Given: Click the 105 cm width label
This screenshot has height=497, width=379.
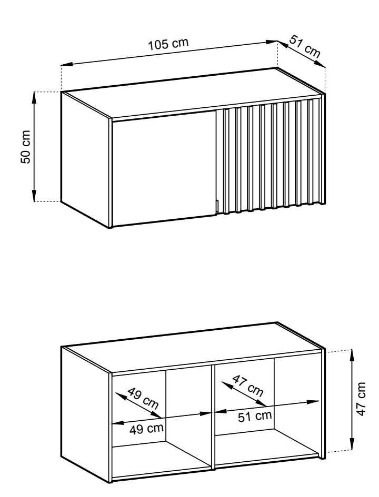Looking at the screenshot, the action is [168, 44].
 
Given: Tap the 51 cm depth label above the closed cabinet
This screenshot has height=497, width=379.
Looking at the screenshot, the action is [305, 47].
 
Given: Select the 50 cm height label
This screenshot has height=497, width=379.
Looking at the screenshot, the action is [25, 147].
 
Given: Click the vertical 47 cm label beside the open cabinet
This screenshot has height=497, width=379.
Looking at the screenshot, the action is [361, 399].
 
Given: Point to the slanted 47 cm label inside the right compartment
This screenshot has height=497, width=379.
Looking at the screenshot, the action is [248, 386].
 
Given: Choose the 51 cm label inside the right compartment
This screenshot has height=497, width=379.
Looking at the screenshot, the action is [255, 416].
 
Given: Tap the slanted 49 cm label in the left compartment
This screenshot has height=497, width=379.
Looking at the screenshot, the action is [143, 398].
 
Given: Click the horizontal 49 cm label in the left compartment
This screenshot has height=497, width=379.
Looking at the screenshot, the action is [146, 429].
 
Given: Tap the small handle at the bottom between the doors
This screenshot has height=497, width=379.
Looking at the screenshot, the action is [217, 206].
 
